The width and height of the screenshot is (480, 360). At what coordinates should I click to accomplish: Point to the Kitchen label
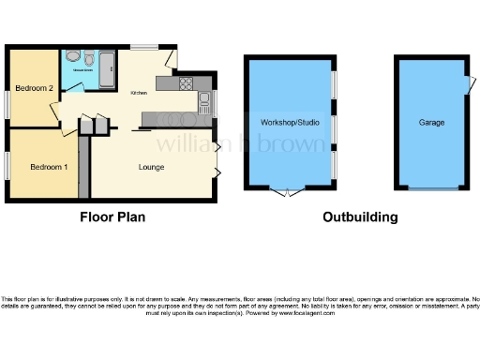click(139, 93)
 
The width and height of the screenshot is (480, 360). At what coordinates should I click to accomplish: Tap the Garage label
click(432, 123)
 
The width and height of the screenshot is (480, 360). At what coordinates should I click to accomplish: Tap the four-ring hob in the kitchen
click(185, 82)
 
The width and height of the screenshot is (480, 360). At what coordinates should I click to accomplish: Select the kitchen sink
click(202, 102)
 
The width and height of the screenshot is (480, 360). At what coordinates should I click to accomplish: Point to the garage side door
click(467, 86)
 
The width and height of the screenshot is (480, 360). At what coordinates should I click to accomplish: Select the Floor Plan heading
click(112, 217)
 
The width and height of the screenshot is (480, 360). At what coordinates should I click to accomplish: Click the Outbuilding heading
click(360, 217)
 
